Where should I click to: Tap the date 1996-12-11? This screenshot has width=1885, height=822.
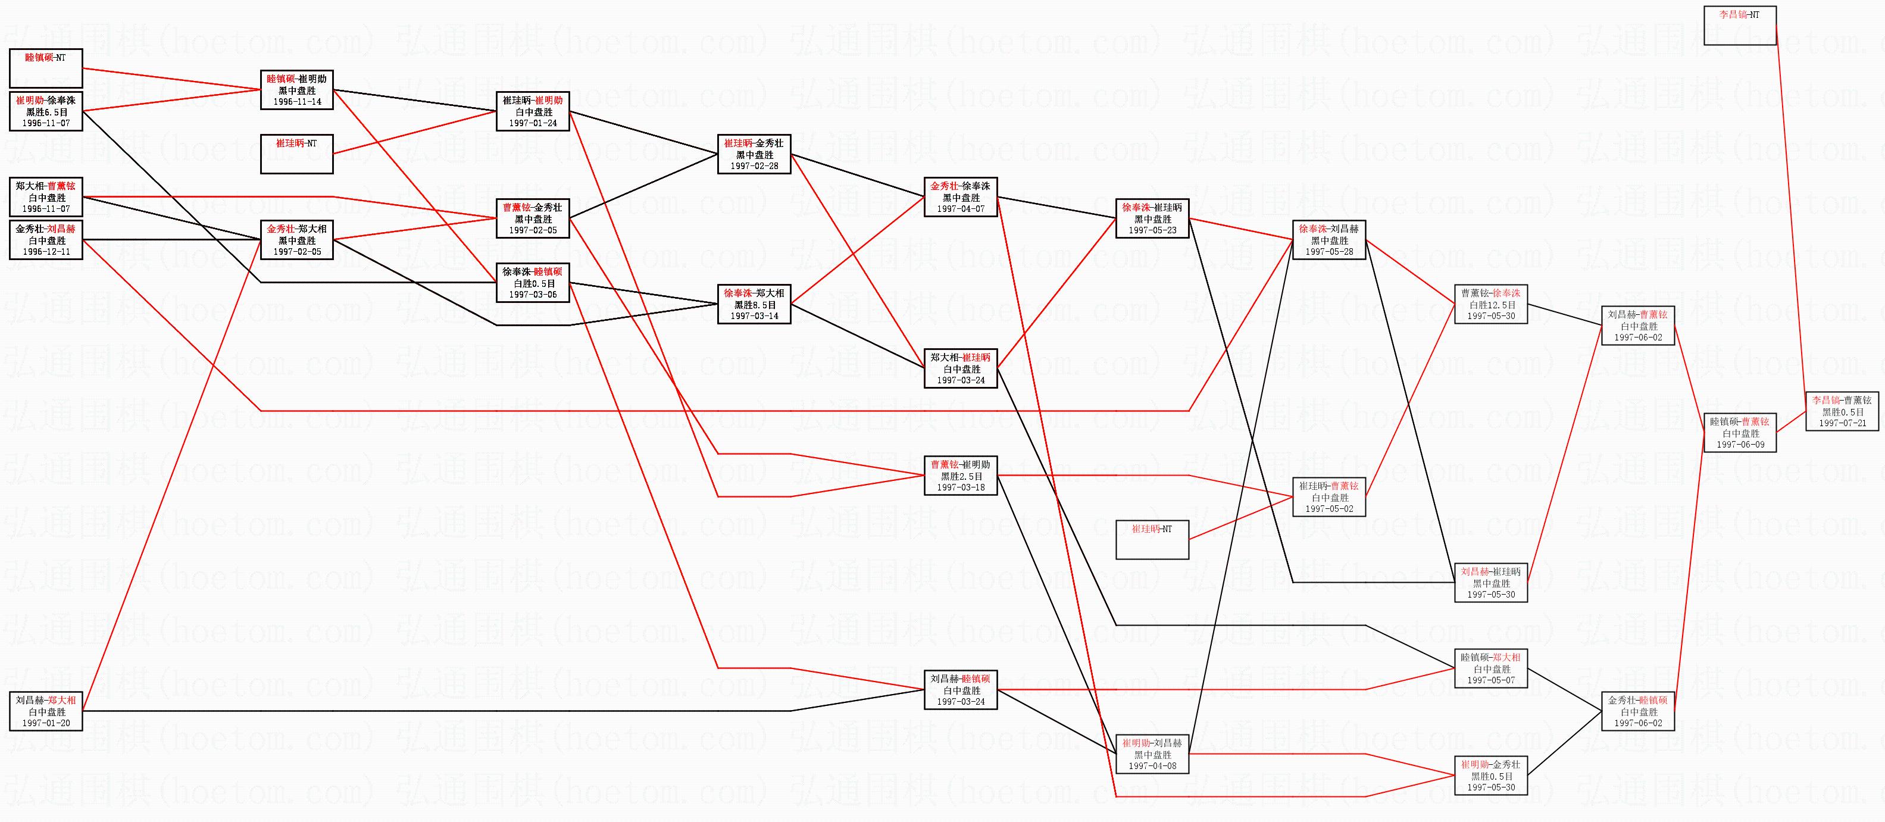[46, 252]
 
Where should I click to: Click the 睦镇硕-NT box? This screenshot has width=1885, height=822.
[45, 68]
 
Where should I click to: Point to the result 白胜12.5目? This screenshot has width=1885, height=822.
[1490, 305]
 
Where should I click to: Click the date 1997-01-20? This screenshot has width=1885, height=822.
[46, 723]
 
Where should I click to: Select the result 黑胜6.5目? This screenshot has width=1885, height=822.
[46, 112]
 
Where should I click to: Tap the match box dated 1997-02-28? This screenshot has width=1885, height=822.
[754, 154]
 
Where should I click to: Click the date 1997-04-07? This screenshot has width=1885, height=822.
[960, 208]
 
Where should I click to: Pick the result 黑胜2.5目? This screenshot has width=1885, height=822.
[960, 476]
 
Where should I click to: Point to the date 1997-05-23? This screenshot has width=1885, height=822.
[1152, 230]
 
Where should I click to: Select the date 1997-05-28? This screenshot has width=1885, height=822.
[1329, 251]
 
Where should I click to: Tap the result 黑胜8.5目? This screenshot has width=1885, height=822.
[754, 305]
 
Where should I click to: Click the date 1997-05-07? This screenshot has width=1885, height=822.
[1490, 680]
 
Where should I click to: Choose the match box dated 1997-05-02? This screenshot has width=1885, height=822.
[1329, 497]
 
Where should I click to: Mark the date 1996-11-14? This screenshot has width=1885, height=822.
[297, 102]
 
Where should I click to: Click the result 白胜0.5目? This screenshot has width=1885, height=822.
[533, 283]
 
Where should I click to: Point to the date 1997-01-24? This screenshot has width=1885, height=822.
[533, 123]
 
